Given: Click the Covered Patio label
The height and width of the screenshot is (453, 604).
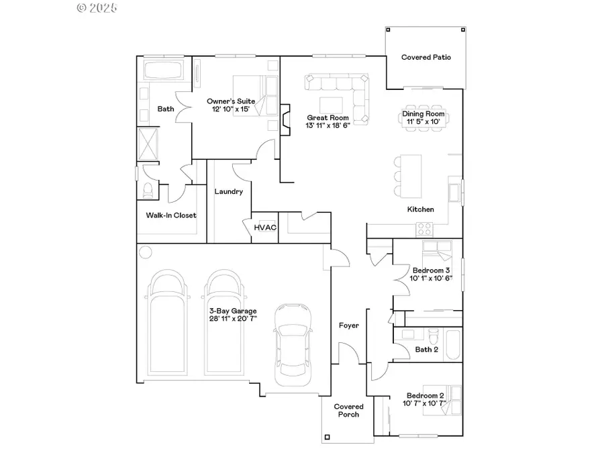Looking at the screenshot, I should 425,58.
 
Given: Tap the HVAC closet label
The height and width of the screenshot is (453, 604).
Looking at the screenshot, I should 265,228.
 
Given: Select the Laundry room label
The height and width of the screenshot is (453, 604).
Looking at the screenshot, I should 228,192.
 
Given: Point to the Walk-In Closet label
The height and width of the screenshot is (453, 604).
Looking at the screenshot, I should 171,215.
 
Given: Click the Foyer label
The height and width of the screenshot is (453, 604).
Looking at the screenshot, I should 348,325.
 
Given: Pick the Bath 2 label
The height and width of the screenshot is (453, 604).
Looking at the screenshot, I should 427,350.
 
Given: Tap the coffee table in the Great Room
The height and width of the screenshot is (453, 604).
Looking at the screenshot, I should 331,105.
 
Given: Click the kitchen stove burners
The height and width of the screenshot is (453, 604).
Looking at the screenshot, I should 425,228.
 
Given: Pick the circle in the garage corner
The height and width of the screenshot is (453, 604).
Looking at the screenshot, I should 146,252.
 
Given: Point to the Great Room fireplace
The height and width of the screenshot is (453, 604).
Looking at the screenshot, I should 285,119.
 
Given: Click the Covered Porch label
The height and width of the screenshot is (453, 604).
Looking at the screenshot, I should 348,411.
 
